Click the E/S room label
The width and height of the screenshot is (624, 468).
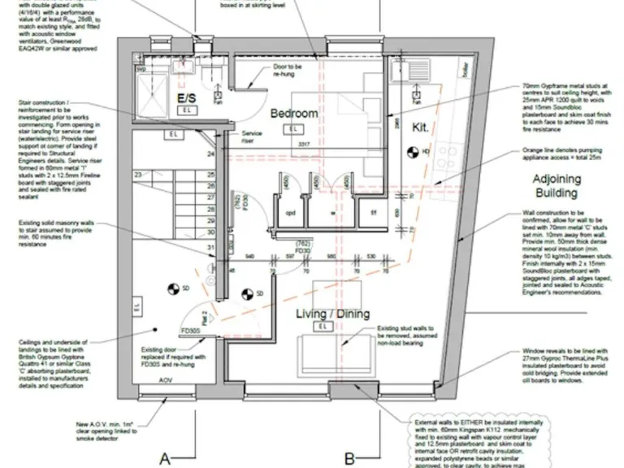click(x=188, y=97)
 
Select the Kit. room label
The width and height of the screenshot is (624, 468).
click(x=420, y=128)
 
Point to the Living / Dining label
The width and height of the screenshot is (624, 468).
click(x=332, y=314)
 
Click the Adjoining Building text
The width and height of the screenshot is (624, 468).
click(x=556, y=186)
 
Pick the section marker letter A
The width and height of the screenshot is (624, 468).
click(x=164, y=458)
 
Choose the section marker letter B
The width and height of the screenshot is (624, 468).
click(x=349, y=458)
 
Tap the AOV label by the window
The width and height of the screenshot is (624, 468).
click(x=165, y=380)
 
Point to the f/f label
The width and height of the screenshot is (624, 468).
click(x=374, y=214)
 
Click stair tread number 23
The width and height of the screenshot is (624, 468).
click(x=139, y=175)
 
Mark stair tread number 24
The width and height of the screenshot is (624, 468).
click(x=211, y=153)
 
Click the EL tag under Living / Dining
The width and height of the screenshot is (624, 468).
click(x=323, y=327)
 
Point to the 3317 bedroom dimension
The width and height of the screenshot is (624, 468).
click(x=303, y=144)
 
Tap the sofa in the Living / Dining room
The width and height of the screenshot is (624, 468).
click(x=331, y=353)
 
